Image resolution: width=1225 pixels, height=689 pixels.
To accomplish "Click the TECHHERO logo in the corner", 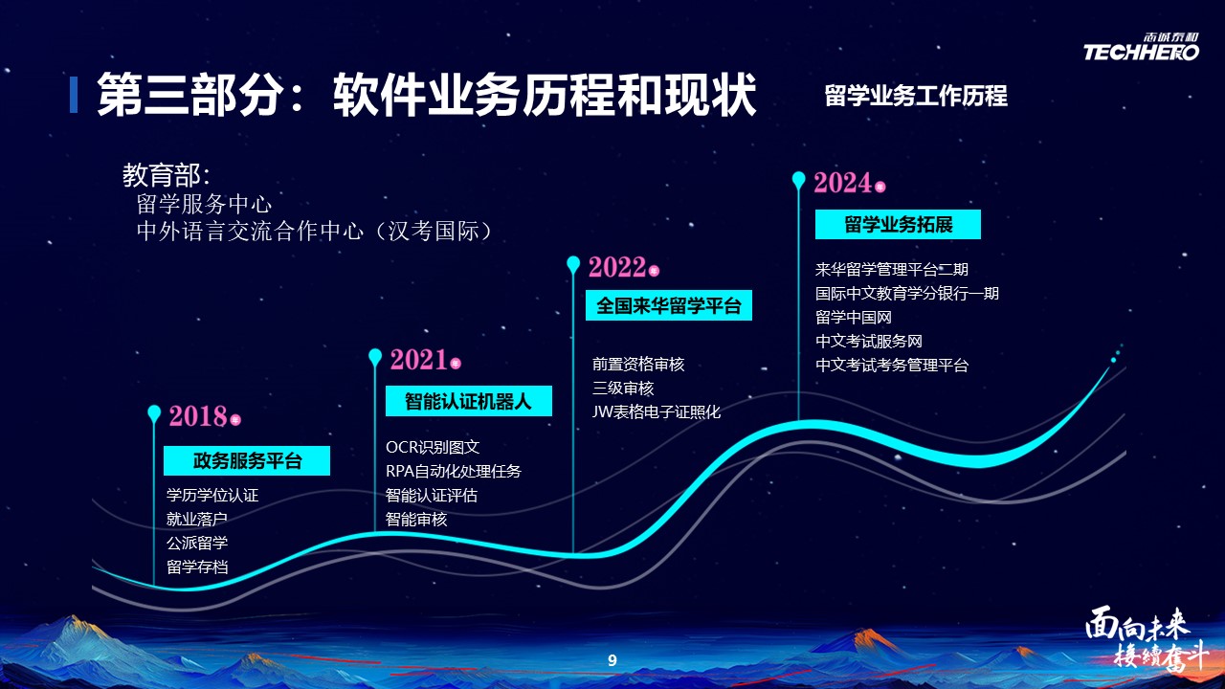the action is pos(1142,47).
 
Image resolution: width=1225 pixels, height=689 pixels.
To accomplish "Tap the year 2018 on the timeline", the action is pos(198,416).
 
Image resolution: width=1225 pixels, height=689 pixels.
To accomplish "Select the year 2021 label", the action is pos(419,360).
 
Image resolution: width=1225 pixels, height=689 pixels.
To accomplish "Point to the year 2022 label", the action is pos(617,267).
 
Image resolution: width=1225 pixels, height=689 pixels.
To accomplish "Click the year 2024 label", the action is pos(843,183).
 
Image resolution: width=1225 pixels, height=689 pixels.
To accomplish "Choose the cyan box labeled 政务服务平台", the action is pos(247,461).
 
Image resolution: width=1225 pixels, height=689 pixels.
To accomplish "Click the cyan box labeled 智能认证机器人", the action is pos(469,401).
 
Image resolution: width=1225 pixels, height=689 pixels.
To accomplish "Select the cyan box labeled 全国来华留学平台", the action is pos(669,305).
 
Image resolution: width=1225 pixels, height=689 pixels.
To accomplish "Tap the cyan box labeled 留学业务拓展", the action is pos(898,224).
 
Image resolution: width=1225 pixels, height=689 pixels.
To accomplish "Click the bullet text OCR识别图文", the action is pos(433,447).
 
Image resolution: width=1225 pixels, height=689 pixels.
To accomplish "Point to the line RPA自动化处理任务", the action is pos(454,472).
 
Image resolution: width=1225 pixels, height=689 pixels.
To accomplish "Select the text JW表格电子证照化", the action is pos(657,411).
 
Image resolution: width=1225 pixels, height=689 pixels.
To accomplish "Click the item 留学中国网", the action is pos(853,317).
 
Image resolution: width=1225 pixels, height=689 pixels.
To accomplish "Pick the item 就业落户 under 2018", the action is pos(197,519).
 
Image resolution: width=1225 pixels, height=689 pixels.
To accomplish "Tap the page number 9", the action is pos(612,660).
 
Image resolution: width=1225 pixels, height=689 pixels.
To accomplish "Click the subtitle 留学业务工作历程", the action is pos(916,97).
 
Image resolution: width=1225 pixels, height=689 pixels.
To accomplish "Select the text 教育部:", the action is pos(166,175).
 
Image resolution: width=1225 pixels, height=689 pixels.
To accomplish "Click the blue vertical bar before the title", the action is pos(74,95).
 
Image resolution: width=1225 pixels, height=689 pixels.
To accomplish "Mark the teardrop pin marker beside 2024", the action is pos(799,180).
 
